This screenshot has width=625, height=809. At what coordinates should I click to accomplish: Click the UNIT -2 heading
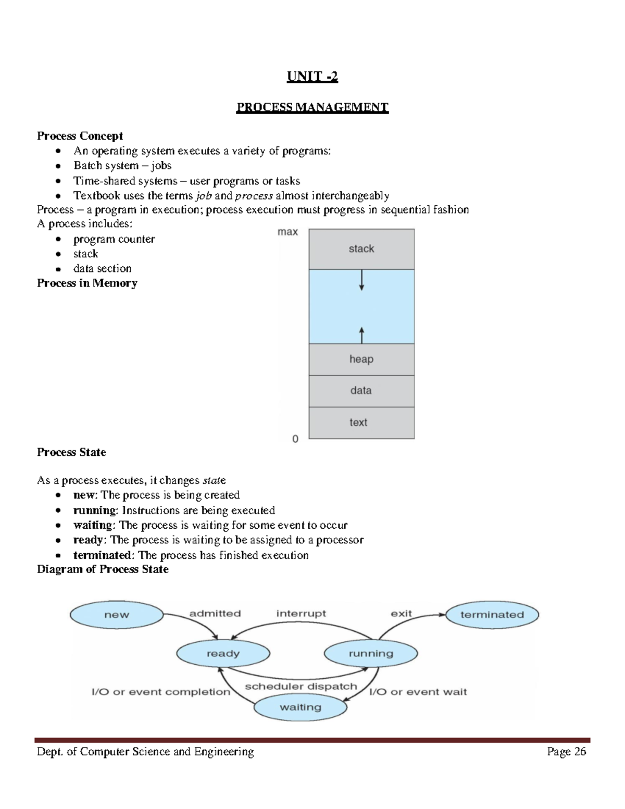pyautogui.click(x=312, y=77)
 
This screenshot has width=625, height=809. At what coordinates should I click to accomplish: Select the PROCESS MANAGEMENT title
pyautogui.click(x=312, y=107)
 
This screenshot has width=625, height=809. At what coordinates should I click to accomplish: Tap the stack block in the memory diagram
pyautogui.click(x=361, y=249)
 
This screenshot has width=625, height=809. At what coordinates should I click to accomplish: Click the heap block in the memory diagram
pyautogui.click(x=361, y=359)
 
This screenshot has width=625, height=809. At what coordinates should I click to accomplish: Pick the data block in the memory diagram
pyautogui.click(x=361, y=391)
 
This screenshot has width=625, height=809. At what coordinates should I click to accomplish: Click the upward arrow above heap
pyautogui.click(x=362, y=334)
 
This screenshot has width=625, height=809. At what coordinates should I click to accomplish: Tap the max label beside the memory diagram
pyautogui.click(x=287, y=232)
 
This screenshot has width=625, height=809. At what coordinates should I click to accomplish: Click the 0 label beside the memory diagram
pyautogui.click(x=295, y=439)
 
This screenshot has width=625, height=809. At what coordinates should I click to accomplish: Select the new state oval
pyautogui.click(x=117, y=615)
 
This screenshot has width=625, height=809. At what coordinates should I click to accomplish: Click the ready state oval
pyautogui.click(x=223, y=654)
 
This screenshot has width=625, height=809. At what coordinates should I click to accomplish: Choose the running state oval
pyautogui.click(x=371, y=654)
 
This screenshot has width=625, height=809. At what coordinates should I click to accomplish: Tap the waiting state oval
pyautogui.click(x=301, y=707)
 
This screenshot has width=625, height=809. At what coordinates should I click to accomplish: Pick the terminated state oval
pyautogui.click(x=492, y=615)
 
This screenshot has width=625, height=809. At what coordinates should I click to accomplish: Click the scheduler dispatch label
pyautogui.click(x=301, y=687)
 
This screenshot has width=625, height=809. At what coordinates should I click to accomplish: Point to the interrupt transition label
pyautogui.click(x=301, y=614)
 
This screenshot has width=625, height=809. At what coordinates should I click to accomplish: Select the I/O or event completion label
pyautogui.click(x=161, y=692)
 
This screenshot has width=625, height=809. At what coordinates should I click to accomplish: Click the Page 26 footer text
pyautogui.click(x=566, y=752)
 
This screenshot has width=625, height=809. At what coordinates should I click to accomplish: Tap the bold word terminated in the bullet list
pyautogui.click(x=102, y=555)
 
